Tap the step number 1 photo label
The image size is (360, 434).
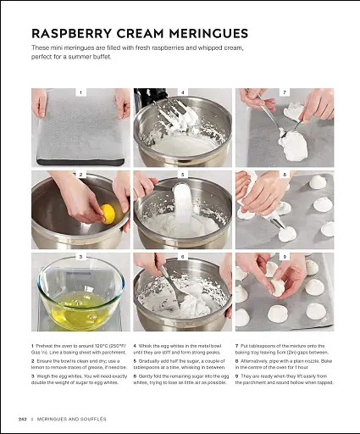point(80,91)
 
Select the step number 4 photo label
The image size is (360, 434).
point(183,91)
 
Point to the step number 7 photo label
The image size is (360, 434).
point(285,91)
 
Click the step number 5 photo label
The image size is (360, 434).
point(183,174)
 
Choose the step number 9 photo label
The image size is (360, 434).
point(285,256)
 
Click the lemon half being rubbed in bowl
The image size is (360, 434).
point(108,212)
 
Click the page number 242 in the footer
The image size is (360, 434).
point(23,420)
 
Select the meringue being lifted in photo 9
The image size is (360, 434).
point(277,287)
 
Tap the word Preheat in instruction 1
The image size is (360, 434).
point(47,346)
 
